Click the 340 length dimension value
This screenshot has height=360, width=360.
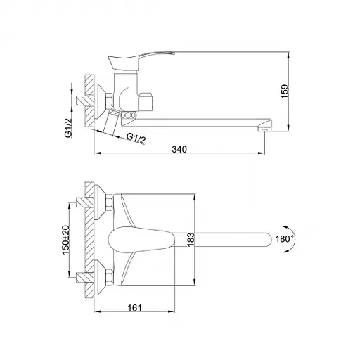coord(179,149)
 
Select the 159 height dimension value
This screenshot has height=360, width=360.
coord(285,91)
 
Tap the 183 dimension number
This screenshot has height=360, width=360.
coord(191,239)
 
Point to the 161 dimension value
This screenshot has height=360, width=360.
coord(134,307)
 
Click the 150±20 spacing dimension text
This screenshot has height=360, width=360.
coord(65,240)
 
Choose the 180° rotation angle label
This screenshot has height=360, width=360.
coord(285,239)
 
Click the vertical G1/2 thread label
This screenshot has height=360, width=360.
coord(68,128)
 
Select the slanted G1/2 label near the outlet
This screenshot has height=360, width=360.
coord(136,139)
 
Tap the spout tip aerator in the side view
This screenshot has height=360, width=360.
coord(264,129)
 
